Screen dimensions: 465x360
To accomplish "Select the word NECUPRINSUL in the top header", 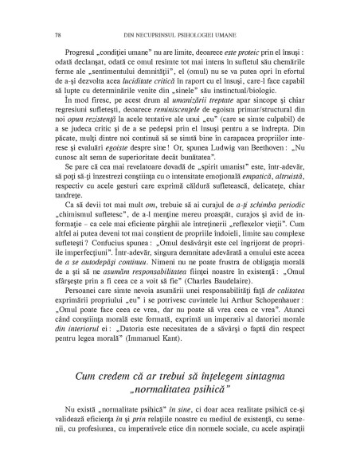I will point(127,12).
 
